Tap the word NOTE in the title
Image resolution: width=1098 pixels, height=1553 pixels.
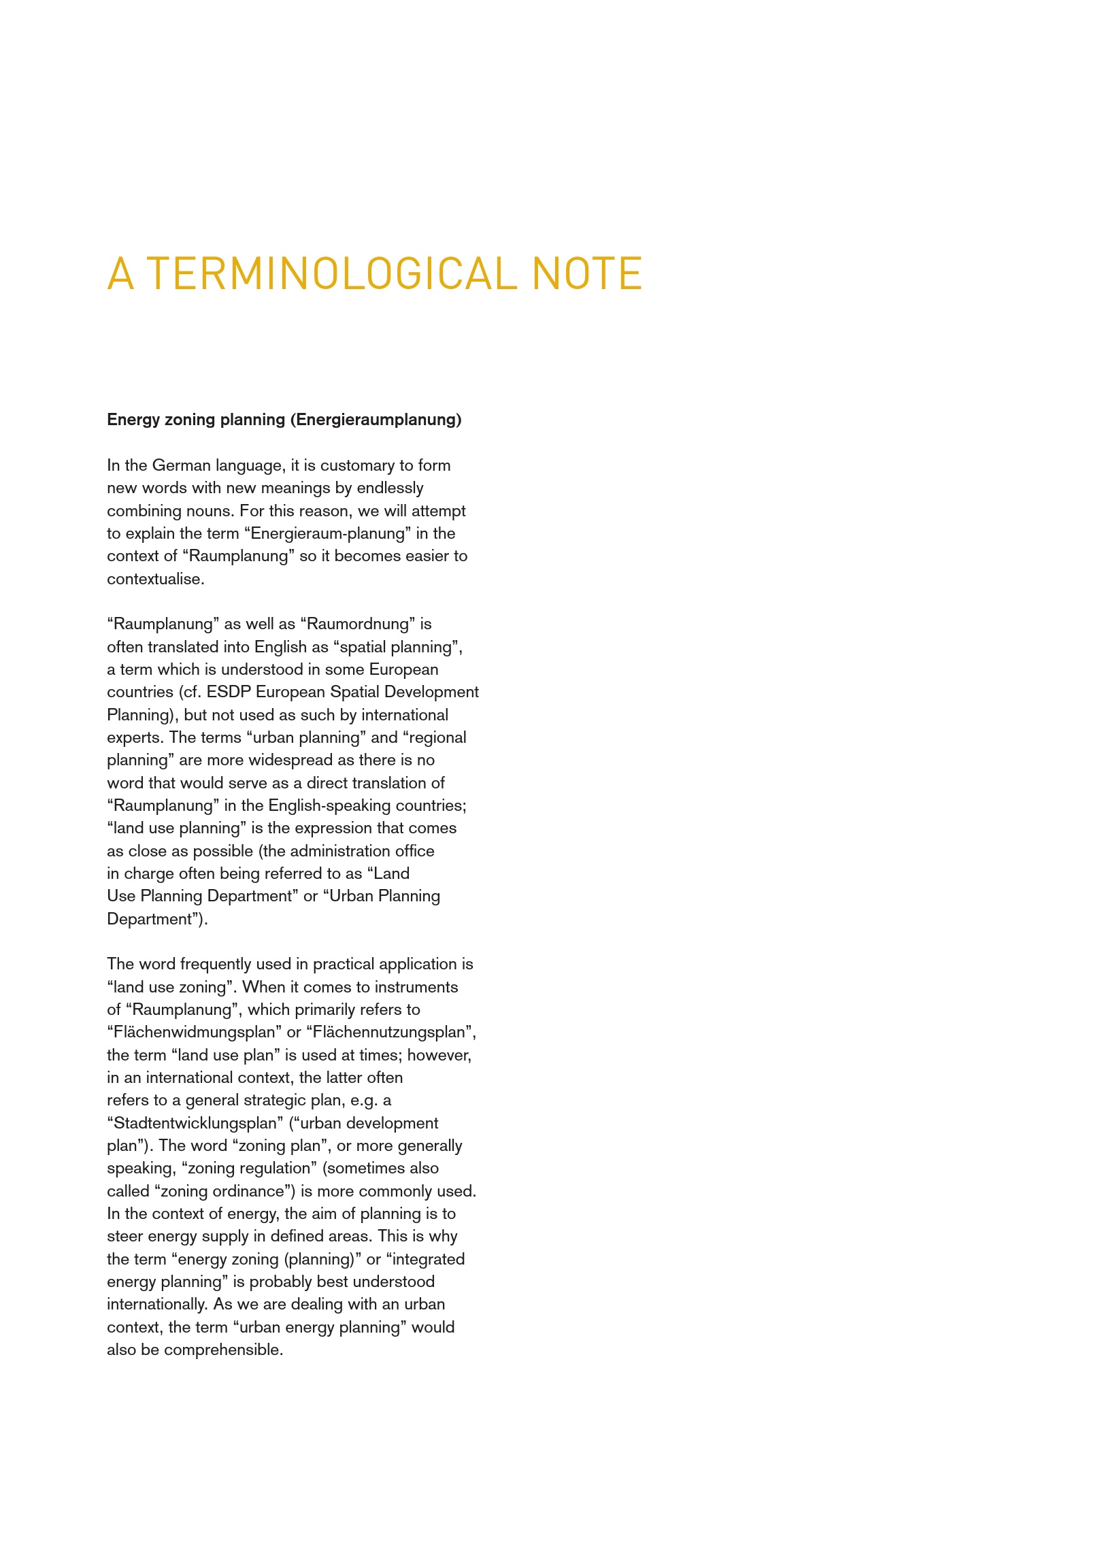pos(587,273)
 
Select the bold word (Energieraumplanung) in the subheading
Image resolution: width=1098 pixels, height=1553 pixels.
pos(376,420)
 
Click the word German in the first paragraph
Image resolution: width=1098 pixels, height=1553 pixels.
pos(182,465)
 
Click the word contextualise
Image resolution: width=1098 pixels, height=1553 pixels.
pos(155,579)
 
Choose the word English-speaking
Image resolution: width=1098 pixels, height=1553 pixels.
pos(329,805)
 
